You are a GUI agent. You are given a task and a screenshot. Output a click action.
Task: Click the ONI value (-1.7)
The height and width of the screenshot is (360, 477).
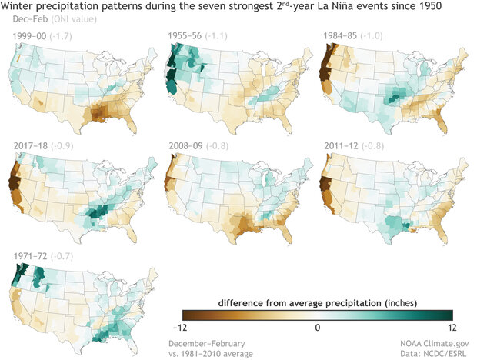61,35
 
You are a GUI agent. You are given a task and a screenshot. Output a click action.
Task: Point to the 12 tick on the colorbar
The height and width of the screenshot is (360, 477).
450,327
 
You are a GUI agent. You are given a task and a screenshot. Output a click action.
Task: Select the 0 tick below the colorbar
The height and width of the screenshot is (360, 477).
318,327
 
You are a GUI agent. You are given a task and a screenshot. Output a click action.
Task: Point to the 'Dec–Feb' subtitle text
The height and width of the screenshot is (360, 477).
23,20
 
